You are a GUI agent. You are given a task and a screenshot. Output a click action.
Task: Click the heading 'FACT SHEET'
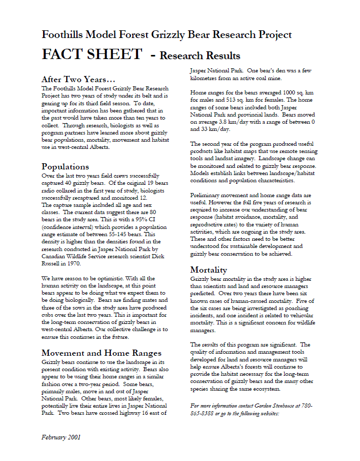coord(92,54)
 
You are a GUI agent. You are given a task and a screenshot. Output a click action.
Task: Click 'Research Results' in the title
coord(199,55)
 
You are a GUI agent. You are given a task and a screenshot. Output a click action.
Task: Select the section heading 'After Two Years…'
coord(78,80)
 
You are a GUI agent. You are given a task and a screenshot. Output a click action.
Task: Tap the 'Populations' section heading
coord(65,167)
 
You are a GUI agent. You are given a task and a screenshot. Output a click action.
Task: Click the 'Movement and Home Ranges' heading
coord(102,353)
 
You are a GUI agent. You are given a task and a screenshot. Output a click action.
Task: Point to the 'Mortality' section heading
coord(209,270)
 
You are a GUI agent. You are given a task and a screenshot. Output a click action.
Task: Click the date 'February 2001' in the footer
coord(61,437)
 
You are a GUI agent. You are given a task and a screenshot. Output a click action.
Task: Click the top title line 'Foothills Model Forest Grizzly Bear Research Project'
coord(167,35)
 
